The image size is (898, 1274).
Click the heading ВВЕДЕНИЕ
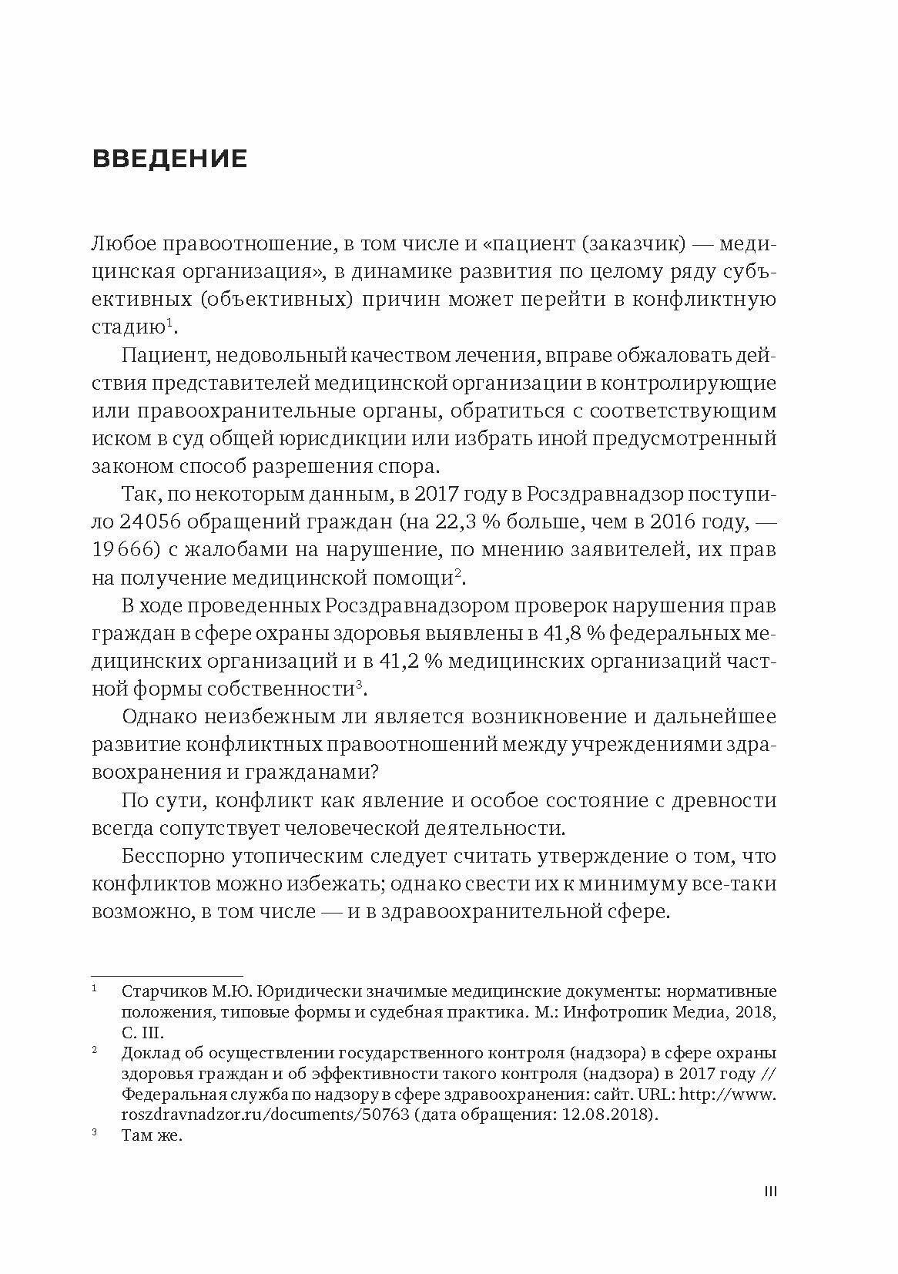[169, 159]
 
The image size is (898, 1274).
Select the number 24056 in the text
[150, 521]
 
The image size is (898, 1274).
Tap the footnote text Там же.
[152, 1135]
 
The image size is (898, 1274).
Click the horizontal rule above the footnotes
[167, 975]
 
